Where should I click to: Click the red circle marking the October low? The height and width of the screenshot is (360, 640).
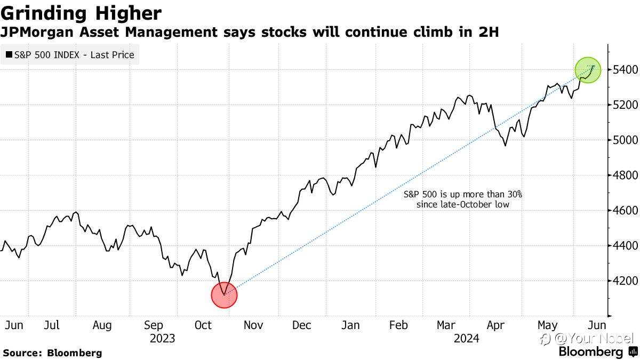pyautogui.click(x=225, y=295)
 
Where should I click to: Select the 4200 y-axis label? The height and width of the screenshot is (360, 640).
pyautogui.click(x=625, y=281)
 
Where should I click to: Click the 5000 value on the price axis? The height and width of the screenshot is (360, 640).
pyautogui.click(x=625, y=140)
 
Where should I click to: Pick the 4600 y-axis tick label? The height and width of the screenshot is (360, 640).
pyautogui.click(x=625, y=210)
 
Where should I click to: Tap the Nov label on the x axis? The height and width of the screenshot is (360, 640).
pyautogui.click(x=253, y=325)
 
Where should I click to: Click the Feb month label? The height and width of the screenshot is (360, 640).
pyautogui.click(x=398, y=325)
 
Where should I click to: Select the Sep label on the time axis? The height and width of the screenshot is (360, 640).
pyautogui.click(x=154, y=326)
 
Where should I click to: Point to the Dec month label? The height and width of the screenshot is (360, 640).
pyautogui.click(x=302, y=325)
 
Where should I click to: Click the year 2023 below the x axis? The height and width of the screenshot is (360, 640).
pyautogui.click(x=162, y=339)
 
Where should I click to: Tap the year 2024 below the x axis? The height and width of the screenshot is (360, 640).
pyautogui.click(x=466, y=339)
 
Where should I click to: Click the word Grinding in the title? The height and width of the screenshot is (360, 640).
pyautogui.click(x=44, y=14)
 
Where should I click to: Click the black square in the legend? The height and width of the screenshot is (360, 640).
pyautogui.click(x=9, y=54)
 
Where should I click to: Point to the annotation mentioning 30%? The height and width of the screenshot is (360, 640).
pyautogui.click(x=463, y=199)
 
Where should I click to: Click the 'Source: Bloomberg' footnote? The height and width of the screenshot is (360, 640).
pyautogui.click(x=52, y=353)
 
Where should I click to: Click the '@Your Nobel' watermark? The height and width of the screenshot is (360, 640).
pyautogui.click(x=587, y=339)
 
